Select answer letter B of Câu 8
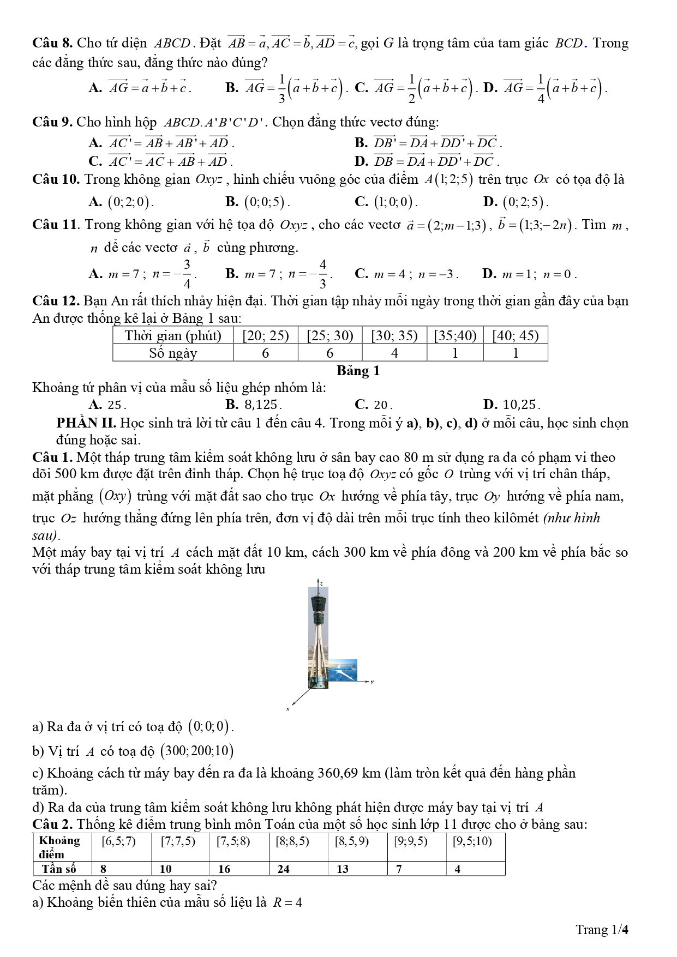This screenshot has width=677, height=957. [x=231, y=87]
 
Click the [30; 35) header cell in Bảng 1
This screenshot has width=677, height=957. [x=394, y=336]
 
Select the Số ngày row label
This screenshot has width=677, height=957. [x=173, y=353]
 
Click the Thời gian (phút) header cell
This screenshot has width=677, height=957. [x=173, y=336]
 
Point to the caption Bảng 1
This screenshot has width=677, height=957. [x=358, y=371]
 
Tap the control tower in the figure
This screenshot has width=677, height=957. [x=319, y=638]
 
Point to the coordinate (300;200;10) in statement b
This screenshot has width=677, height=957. [x=196, y=751]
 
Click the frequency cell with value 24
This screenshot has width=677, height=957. [x=284, y=869]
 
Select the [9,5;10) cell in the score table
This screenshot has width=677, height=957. [x=472, y=841]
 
